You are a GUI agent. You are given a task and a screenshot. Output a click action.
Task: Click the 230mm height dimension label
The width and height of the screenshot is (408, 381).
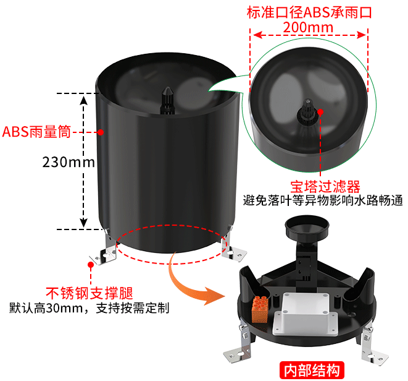click(69, 162)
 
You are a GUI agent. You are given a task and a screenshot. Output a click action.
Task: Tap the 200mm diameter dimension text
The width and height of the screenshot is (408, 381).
click(308, 27)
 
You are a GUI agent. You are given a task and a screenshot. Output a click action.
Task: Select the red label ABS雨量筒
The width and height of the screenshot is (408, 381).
click(36, 132)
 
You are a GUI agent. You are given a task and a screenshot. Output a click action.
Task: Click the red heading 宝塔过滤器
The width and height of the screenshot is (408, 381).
click(325, 186)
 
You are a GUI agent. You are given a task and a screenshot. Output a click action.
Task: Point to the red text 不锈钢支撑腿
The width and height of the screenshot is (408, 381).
click(90, 293)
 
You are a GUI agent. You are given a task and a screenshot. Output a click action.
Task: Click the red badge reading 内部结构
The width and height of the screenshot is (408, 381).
click(312, 370)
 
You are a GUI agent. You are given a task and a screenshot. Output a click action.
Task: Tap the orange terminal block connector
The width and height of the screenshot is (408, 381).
click(260, 309)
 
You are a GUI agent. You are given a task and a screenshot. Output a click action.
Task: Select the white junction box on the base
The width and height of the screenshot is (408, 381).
click(305, 314)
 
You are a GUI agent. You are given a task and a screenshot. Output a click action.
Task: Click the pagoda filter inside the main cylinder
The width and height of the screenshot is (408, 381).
click(167, 100)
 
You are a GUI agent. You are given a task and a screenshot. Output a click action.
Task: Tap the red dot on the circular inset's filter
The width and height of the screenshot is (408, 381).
click(320, 112)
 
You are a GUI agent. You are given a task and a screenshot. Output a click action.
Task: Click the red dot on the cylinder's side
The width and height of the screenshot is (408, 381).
click(101, 132)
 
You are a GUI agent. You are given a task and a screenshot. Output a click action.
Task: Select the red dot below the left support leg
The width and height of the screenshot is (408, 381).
click(91, 265)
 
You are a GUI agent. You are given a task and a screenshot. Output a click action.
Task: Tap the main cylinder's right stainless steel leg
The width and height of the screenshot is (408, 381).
click(232, 244)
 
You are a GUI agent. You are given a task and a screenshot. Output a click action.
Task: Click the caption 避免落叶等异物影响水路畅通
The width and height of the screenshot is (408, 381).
click(323, 200)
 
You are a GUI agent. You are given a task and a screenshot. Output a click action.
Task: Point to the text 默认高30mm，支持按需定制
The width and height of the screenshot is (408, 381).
click(90, 308)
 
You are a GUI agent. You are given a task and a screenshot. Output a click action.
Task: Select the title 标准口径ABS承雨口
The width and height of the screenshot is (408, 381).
click(309, 12)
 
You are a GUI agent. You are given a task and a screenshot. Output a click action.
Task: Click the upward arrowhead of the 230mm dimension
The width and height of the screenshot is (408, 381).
click(83, 100)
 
